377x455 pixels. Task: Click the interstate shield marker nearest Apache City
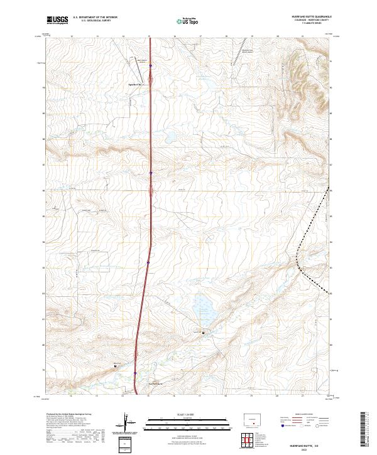[151, 65]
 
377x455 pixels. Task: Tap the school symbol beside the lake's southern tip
[203, 333]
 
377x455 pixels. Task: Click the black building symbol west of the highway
[115, 365]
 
